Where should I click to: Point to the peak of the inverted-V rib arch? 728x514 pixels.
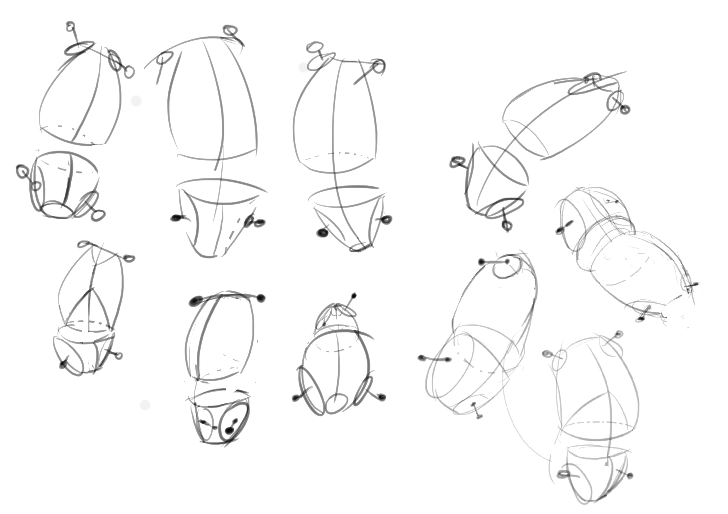point(92,289)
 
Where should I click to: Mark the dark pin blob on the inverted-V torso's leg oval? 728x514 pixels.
point(64,365)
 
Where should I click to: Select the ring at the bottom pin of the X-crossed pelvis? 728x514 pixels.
point(508,225)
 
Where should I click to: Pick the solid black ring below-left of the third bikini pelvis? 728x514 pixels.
point(322,233)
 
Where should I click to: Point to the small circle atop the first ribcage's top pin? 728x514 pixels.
point(70,26)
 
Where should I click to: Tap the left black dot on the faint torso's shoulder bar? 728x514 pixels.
point(482,262)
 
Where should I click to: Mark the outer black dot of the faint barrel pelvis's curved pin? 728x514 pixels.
point(422,358)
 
